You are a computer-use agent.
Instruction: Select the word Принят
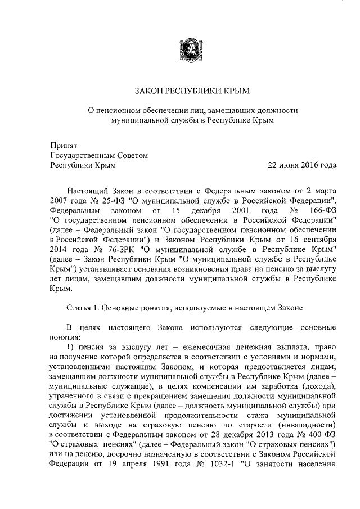[62, 145]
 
